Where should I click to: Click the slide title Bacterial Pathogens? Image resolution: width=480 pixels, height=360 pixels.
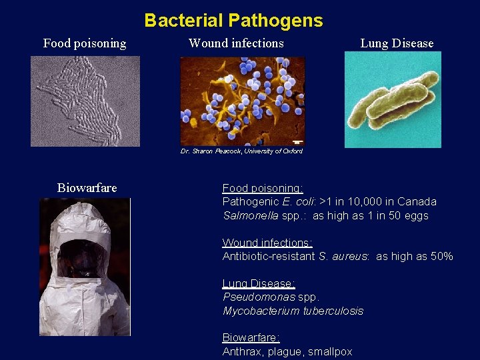point(233,21)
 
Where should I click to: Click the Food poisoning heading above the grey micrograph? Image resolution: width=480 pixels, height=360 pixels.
point(85,43)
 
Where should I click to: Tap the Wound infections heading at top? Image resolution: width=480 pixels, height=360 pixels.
point(236,43)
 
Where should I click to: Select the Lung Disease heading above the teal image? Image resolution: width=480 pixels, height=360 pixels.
point(397,43)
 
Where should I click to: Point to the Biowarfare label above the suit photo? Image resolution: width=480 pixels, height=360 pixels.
point(87,188)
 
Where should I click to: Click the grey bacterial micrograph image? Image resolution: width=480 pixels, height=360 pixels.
point(85,101)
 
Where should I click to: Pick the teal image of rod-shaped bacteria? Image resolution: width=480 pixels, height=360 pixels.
point(393,100)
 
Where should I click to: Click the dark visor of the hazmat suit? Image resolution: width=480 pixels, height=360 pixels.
point(81,259)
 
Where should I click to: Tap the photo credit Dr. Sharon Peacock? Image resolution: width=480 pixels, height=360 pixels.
point(241,151)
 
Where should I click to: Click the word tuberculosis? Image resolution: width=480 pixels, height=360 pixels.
point(333,311)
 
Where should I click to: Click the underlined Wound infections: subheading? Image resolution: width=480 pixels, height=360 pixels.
point(267,243)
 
